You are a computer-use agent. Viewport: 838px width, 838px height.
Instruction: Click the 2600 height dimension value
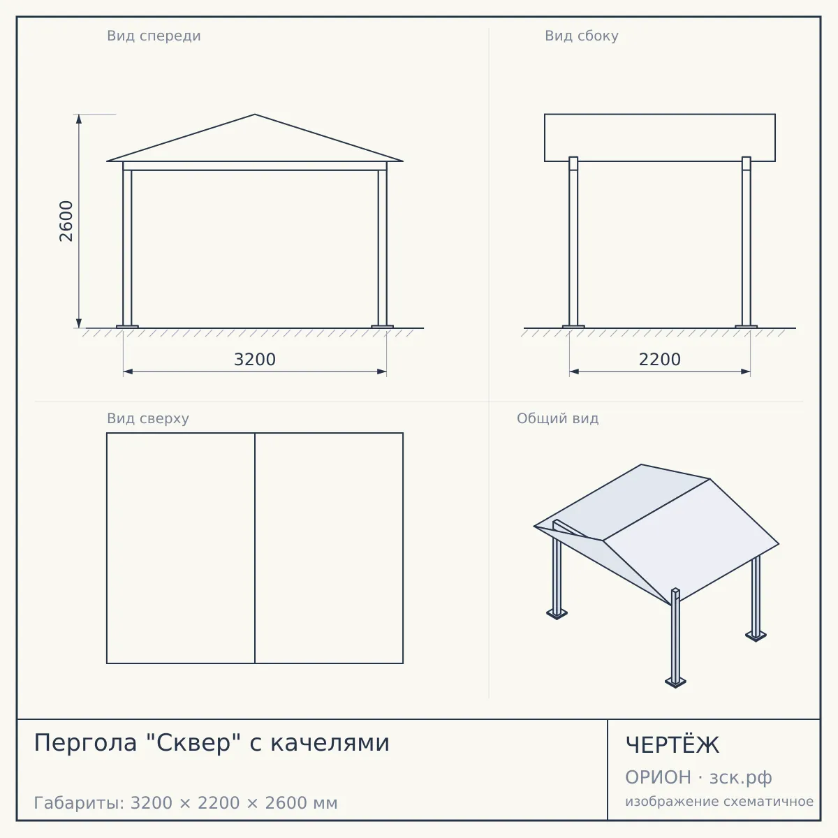66,221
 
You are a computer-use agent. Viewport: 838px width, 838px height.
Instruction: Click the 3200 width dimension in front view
255,360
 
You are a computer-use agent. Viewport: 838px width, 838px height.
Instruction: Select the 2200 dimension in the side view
660,360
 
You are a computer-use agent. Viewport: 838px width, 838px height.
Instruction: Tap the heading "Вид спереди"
154,36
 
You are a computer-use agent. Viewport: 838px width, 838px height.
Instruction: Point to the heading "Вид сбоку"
582,36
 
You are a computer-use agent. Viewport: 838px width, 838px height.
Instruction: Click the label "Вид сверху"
148,419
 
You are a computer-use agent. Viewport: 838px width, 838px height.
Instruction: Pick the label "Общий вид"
557,418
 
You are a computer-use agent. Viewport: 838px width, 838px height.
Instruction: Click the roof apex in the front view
255,115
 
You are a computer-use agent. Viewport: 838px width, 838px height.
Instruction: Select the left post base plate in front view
127,327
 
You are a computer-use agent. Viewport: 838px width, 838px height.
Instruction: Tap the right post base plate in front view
382,327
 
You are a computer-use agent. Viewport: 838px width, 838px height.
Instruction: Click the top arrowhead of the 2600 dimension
79,119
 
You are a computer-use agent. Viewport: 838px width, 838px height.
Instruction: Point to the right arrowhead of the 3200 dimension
381,372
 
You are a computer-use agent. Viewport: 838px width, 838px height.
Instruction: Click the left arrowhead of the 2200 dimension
574,372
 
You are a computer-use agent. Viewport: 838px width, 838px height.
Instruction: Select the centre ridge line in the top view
255,548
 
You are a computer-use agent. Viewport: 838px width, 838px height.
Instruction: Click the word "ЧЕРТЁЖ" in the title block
672,745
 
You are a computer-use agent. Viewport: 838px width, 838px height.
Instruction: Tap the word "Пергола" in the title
85,743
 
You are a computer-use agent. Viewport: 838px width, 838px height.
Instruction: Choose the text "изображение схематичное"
719,801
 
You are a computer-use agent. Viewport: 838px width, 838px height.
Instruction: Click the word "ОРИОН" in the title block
658,777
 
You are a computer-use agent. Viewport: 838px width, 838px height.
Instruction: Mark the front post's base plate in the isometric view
675,682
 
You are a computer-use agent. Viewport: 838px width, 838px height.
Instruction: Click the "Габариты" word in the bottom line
80,803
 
